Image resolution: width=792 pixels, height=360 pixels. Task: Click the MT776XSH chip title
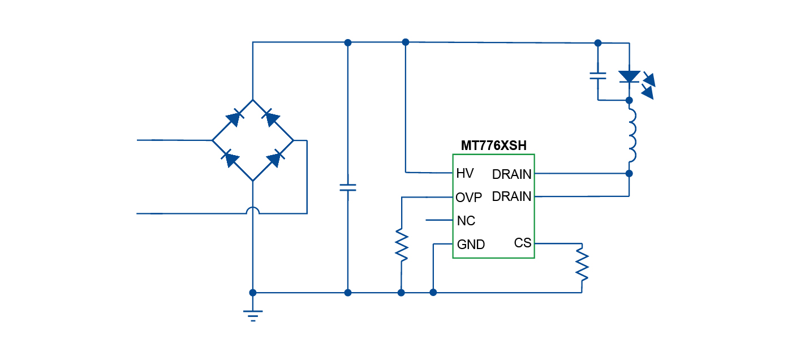493,145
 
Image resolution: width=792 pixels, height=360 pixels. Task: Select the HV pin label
465,173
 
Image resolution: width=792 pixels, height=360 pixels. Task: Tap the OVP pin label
469,197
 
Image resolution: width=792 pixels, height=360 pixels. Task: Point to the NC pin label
466,221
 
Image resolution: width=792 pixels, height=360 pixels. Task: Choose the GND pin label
471,245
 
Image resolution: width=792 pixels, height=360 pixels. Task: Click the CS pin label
523,243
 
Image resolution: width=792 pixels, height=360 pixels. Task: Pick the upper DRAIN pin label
512,173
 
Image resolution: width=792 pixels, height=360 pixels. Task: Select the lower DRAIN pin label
512,196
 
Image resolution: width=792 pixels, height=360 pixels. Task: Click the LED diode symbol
629,77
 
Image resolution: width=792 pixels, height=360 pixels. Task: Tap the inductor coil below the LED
631,136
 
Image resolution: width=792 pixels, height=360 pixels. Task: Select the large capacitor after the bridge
348,187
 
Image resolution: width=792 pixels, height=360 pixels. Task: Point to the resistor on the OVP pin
401,245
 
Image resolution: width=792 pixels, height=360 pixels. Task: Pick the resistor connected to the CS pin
582,263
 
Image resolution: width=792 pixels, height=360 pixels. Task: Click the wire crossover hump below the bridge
253,211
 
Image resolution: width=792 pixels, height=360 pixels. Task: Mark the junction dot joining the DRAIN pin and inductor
629,173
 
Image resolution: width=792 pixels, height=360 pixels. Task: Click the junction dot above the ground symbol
253,293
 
